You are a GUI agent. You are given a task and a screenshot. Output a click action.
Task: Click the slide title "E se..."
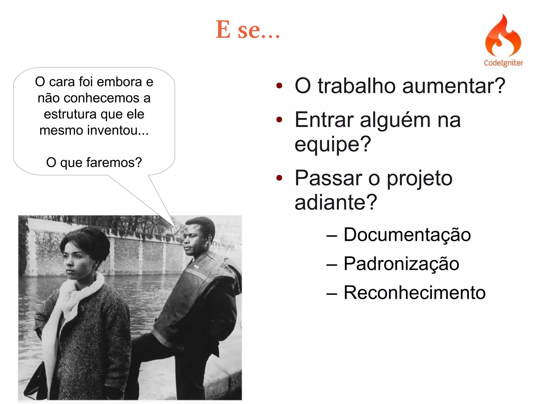(248, 29)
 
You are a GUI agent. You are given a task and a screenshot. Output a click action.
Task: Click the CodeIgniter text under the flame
(503, 63)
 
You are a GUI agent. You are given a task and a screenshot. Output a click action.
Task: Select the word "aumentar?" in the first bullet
(454, 86)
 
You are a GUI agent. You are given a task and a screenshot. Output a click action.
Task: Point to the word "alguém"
(395, 120)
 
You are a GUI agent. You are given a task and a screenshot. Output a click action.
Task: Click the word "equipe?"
(333, 144)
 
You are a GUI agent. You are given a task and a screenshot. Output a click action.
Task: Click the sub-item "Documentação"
(407, 235)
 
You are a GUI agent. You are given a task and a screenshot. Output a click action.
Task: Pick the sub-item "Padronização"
(401, 264)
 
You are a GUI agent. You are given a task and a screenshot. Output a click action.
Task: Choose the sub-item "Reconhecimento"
(415, 292)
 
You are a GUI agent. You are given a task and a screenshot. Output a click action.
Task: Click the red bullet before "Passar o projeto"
(279, 178)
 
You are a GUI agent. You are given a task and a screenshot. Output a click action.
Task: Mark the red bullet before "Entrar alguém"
(279, 120)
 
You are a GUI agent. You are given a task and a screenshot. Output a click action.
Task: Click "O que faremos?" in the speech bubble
(94, 162)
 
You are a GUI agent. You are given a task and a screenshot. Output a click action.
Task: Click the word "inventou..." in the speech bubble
(118, 130)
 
